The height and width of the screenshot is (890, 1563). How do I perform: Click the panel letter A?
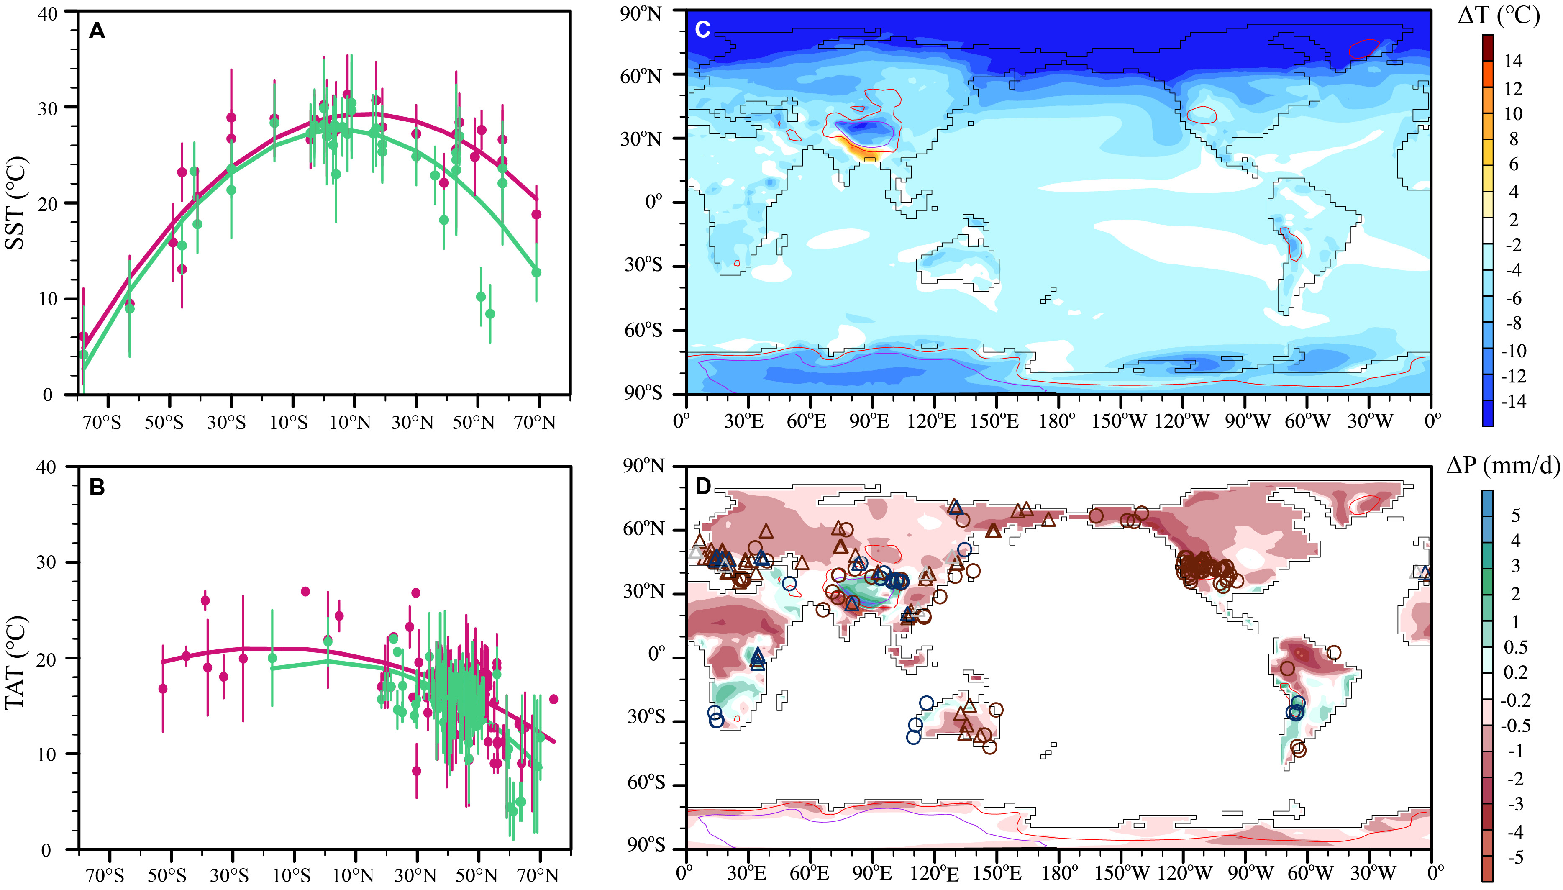[97, 31]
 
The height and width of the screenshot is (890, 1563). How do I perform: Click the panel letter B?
[97, 487]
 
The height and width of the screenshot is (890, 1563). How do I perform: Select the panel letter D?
[703, 487]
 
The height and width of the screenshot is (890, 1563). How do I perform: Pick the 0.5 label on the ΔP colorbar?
[1515, 647]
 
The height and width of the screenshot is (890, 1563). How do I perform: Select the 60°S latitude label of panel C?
[642, 331]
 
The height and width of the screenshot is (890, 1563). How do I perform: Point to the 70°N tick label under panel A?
[535, 422]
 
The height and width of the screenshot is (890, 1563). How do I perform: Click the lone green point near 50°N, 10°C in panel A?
[481, 297]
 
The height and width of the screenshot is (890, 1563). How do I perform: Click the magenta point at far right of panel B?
[553, 699]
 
